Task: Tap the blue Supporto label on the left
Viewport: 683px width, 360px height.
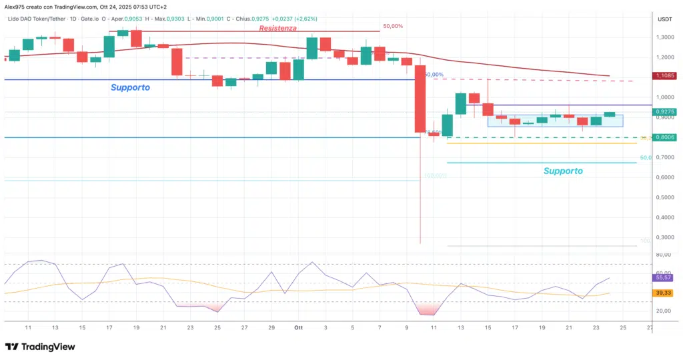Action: pyautogui.click(x=130, y=87)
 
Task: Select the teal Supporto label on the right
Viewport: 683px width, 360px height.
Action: pyautogui.click(x=562, y=171)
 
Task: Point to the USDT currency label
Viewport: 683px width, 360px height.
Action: pyautogui.click(x=664, y=19)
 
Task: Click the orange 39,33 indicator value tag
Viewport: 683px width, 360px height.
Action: pyautogui.click(x=664, y=293)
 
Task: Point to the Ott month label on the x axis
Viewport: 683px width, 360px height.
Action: pyautogui.click(x=298, y=328)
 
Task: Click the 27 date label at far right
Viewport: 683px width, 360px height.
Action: pyautogui.click(x=650, y=328)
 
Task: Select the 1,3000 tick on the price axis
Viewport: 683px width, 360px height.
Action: pyautogui.click(x=664, y=37)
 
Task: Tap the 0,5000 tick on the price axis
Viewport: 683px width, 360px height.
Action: pyautogui.click(x=664, y=197)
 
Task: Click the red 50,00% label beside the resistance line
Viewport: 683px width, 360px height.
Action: pyautogui.click(x=393, y=27)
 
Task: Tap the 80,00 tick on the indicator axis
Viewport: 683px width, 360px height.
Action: pyautogui.click(x=664, y=255)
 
